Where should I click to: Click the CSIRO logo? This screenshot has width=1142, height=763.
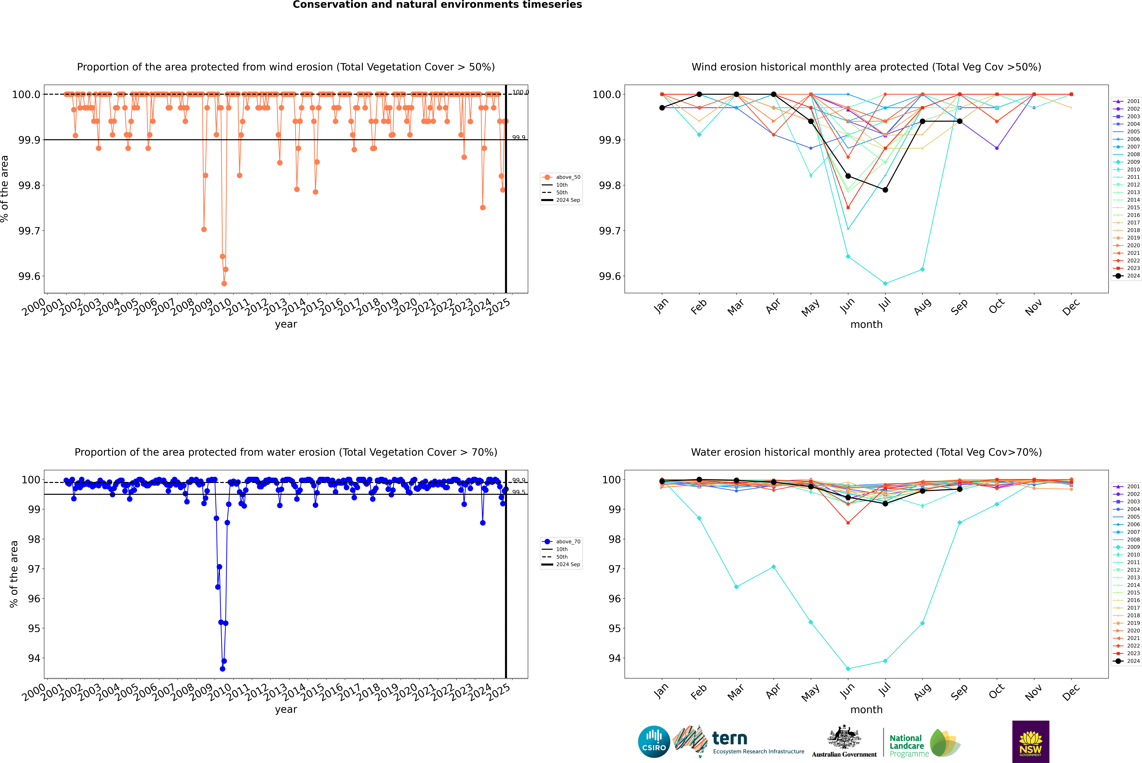(x=654, y=742)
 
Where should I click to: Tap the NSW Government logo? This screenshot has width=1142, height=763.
(x=1030, y=742)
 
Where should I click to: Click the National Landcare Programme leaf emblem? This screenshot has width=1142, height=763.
(x=944, y=743)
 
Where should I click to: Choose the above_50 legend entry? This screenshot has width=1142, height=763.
(x=562, y=177)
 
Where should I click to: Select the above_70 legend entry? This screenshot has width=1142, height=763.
(x=562, y=542)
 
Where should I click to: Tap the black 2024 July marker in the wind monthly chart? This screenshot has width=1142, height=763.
(x=885, y=190)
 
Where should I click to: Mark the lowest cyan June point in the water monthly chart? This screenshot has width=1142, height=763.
(x=848, y=669)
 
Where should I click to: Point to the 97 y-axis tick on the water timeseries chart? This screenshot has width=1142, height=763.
(x=34, y=569)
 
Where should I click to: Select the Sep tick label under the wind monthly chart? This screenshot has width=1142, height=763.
(x=959, y=307)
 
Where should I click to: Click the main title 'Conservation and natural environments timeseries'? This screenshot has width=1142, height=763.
(x=437, y=5)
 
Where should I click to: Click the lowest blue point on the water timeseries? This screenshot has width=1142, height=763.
(x=222, y=669)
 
